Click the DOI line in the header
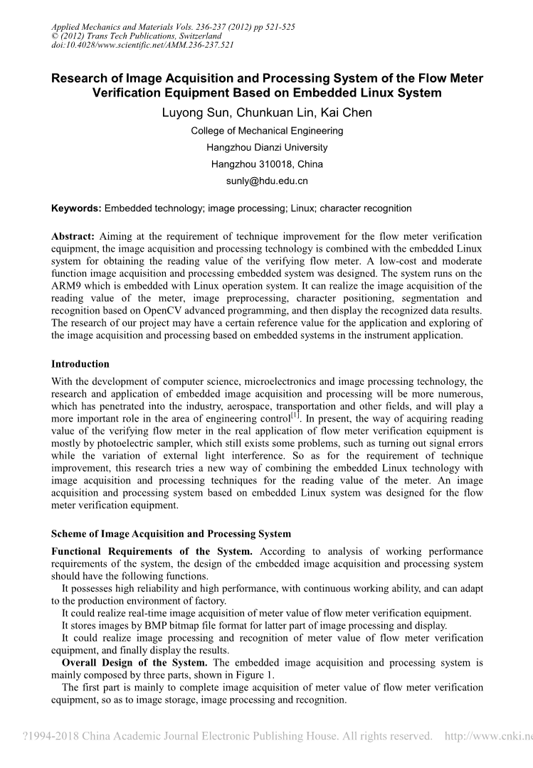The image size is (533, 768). click(x=143, y=45)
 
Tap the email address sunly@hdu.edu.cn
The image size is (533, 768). click(x=267, y=181)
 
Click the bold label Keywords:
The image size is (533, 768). click(x=76, y=208)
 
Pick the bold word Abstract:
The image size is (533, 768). click(x=75, y=236)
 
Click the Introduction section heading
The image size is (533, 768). click(x=80, y=364)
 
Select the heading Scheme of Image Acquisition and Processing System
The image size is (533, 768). click(x=171, y=534)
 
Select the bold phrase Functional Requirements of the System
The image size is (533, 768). click(x=152, y=552)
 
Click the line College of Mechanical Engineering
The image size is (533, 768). click(x=267, y=131)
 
